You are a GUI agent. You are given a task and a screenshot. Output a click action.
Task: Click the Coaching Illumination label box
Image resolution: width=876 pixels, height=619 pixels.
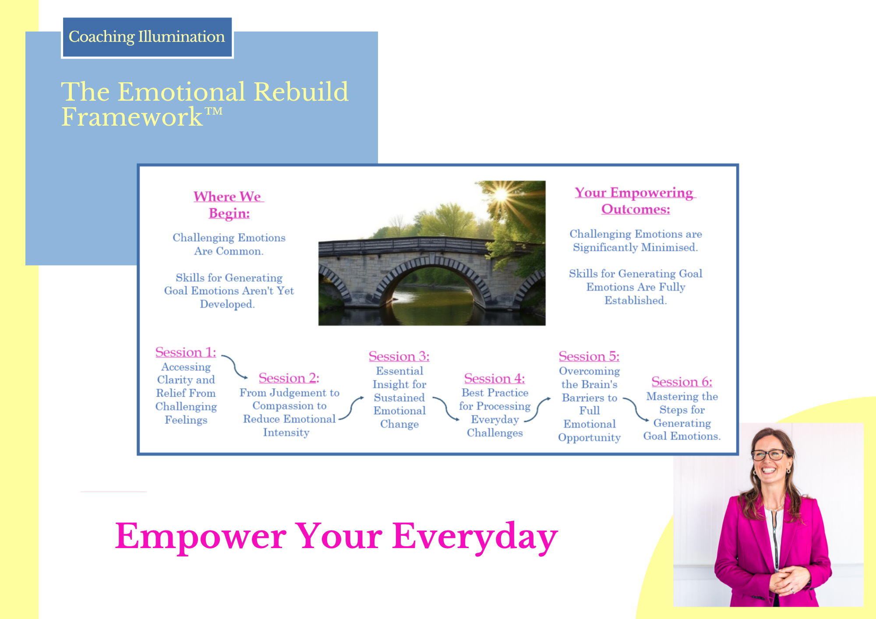coord(147,37)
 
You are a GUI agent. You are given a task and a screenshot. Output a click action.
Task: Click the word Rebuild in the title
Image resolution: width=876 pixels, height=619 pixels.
coord(301,91)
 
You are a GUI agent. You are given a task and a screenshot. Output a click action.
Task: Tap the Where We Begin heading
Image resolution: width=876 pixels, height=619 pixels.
coord(229,205)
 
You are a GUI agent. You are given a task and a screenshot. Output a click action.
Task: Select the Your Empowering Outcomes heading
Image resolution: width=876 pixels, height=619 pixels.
coord(636,200)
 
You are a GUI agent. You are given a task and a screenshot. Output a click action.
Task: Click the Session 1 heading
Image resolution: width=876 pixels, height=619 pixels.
coord(186,352)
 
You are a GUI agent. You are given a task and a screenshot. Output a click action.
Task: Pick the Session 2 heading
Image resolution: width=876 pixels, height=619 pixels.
coord(289,378)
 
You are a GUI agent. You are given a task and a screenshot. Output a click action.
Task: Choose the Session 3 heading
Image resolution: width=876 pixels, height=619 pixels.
coord(399,356)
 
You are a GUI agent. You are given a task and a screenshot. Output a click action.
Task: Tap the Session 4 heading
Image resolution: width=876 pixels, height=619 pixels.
coord(495,378)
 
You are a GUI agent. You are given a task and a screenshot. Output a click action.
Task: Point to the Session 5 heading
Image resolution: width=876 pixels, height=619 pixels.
coord(589,356)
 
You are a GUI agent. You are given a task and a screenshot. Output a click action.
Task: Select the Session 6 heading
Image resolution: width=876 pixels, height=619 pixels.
coord(682,382)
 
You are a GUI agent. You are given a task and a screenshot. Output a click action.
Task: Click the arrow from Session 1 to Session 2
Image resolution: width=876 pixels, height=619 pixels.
coord(236,367)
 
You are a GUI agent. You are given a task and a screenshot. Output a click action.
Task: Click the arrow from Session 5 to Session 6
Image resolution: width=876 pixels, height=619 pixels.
coord(635,409)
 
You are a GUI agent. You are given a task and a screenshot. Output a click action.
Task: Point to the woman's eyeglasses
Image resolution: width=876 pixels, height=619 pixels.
coord(770,454)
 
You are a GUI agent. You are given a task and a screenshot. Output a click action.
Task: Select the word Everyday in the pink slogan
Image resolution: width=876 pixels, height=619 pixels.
coord(475,537)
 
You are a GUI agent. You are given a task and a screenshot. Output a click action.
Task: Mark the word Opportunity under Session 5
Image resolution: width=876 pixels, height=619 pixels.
coord(589,438)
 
